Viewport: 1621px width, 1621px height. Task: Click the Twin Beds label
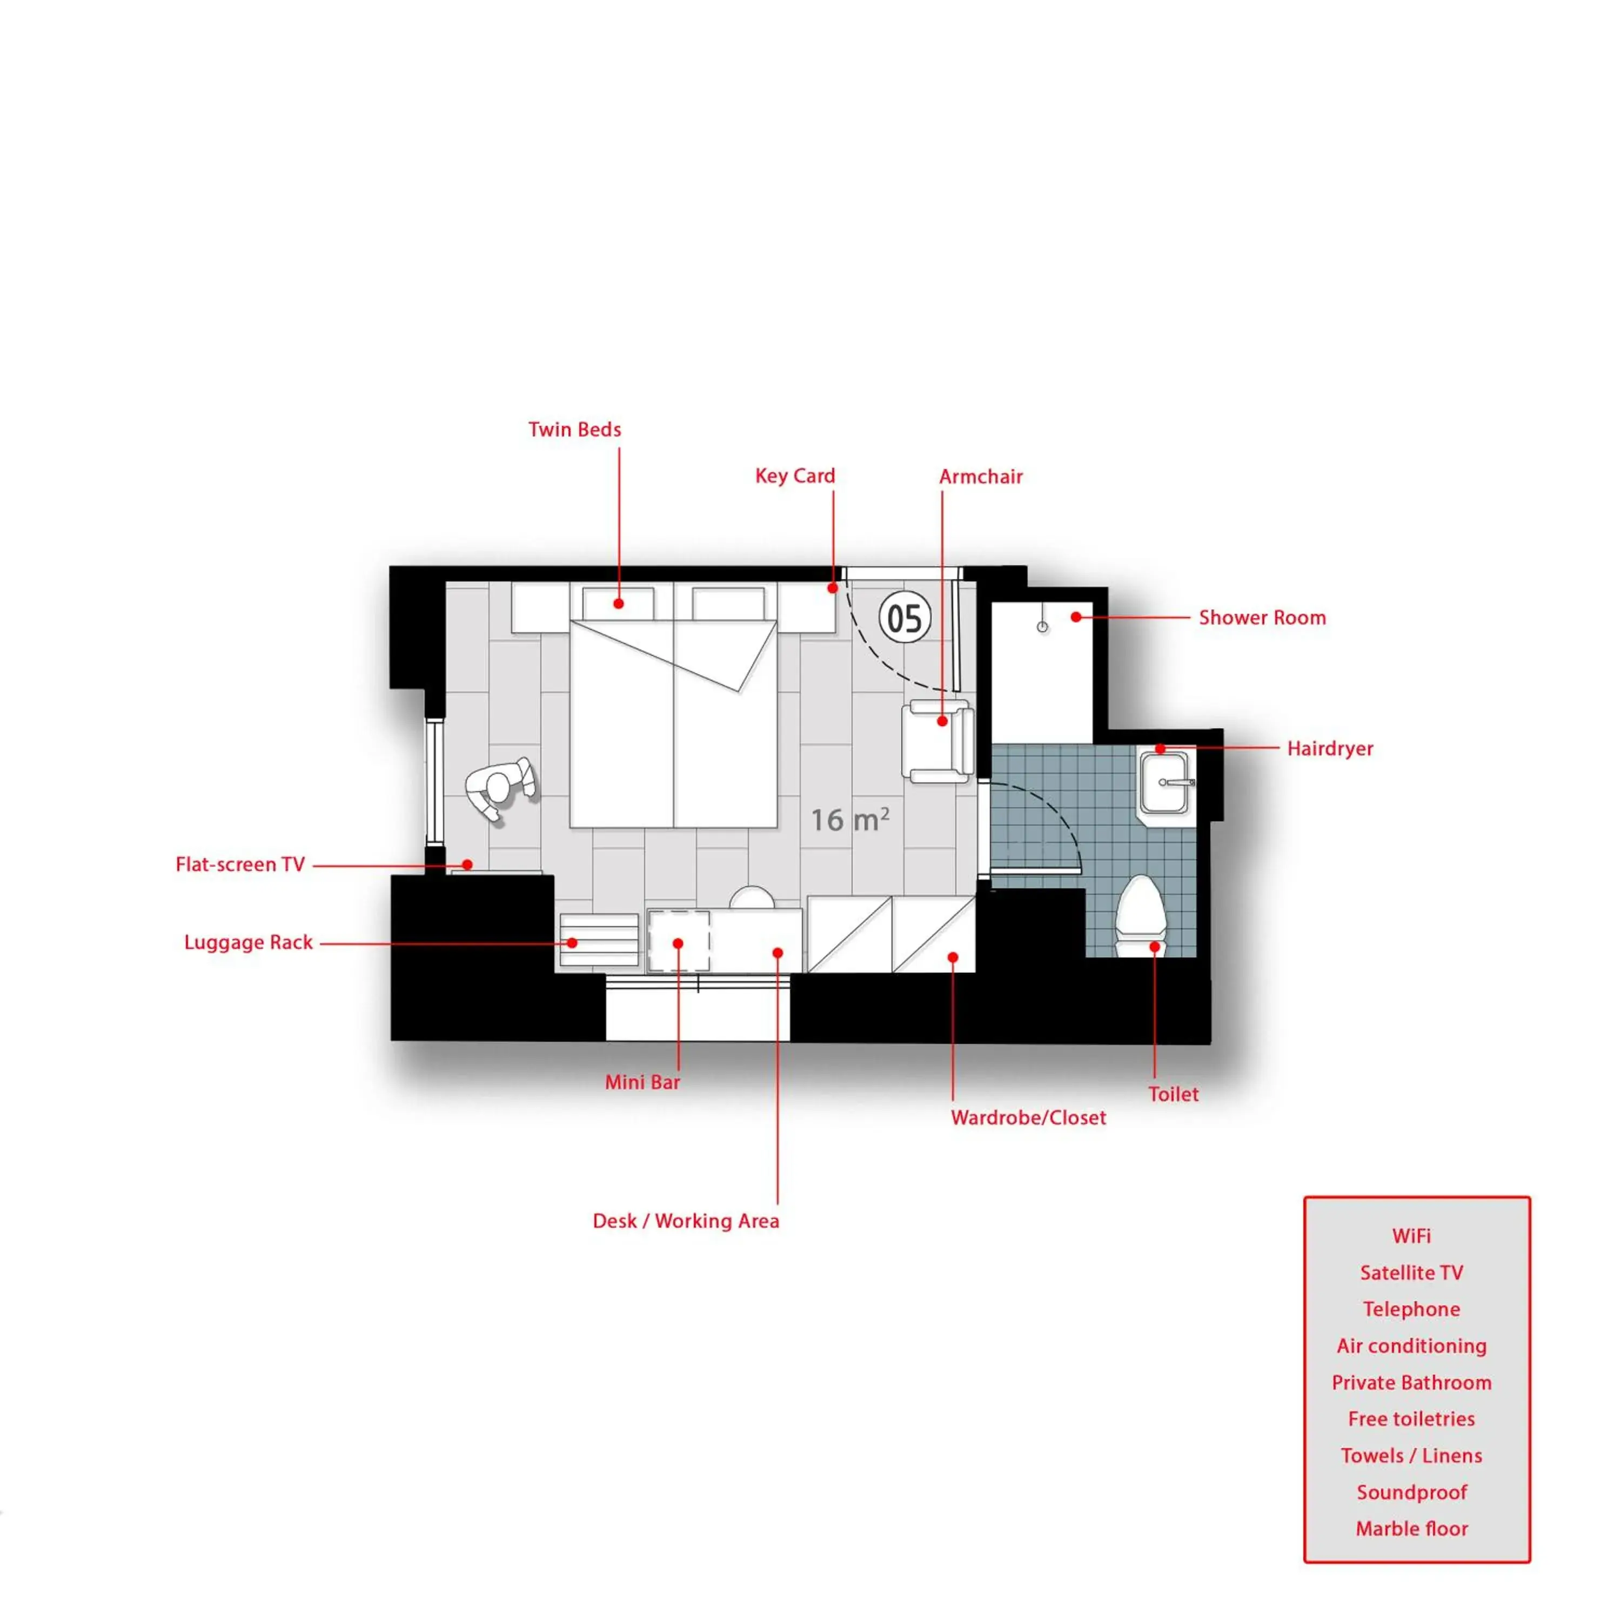pos(575,430)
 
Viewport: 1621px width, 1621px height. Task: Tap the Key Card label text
pos(794,475)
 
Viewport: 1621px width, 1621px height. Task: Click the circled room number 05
pos(905,618)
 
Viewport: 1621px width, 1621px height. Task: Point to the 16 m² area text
pos(849,820)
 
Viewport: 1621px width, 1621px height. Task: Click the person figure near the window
pos(500,789)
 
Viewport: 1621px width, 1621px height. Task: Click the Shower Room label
pos(1262,618)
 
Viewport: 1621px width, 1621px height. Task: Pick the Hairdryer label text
pos(1330,748)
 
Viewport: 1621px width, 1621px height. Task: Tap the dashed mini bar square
pos(679,941)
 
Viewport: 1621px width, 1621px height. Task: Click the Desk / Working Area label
pos(686,1221)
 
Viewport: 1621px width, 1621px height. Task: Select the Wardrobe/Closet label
pos(1028,1117)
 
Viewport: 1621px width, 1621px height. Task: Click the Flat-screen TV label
pos(240,864)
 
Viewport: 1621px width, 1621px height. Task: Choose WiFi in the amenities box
pos(1411,1236)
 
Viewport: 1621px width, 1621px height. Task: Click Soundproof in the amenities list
pos(1411,1492)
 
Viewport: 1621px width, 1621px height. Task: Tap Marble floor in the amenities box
pos(1411,1529)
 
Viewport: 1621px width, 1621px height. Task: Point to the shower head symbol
pos(1042,627)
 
